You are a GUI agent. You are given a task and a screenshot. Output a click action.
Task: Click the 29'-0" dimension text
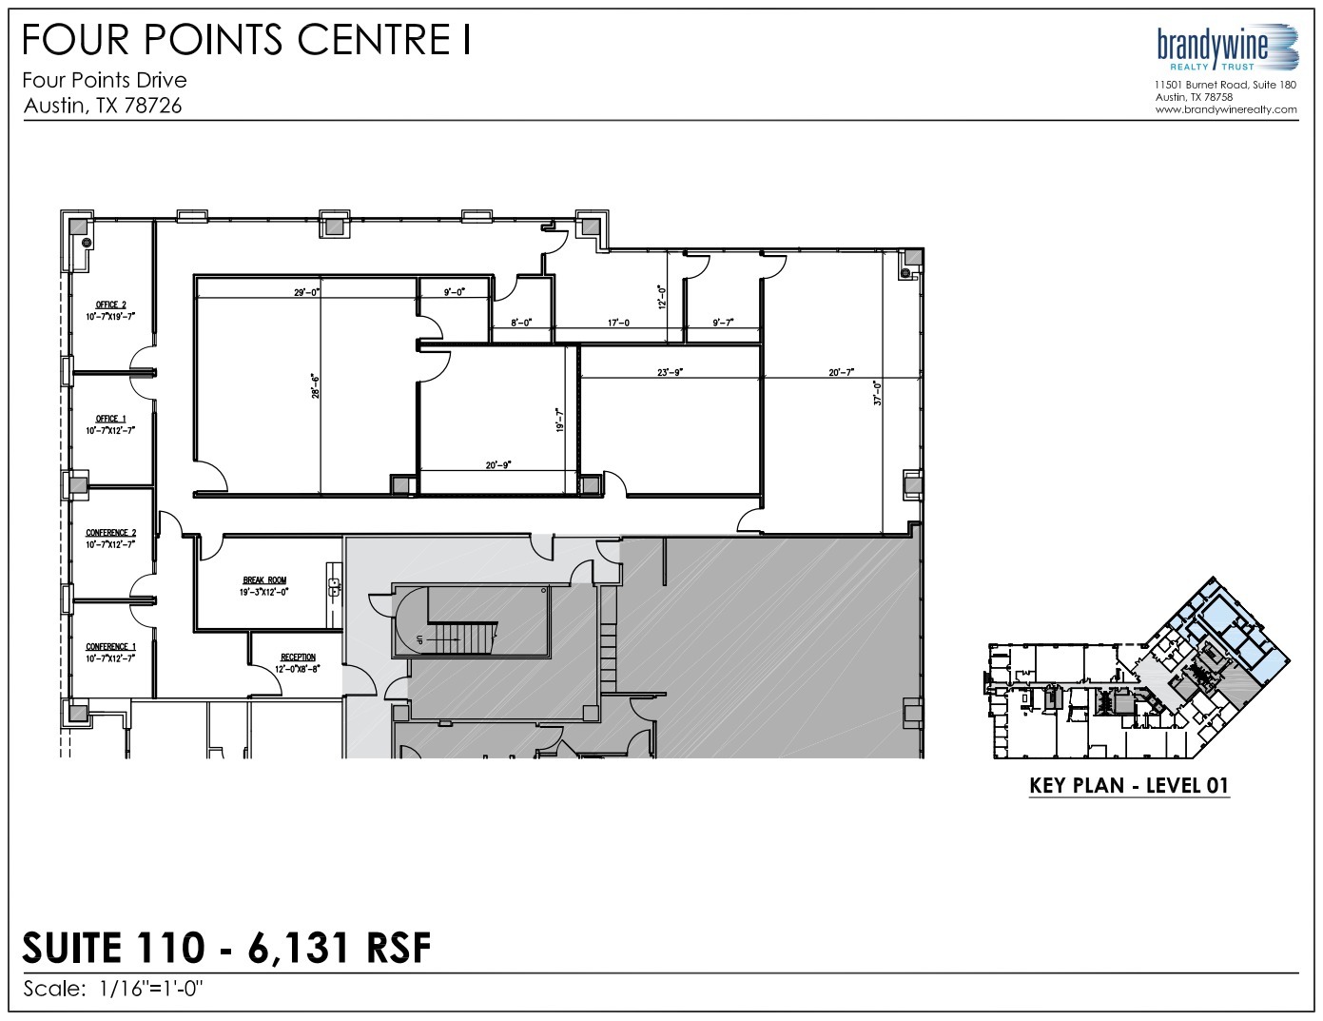point(305,293)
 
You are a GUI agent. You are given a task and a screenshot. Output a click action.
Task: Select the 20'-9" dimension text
point(497,464)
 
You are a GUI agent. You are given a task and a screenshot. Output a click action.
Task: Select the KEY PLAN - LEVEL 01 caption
point(1129,786)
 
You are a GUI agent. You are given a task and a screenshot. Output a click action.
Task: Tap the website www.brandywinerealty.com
point(1226,109)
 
